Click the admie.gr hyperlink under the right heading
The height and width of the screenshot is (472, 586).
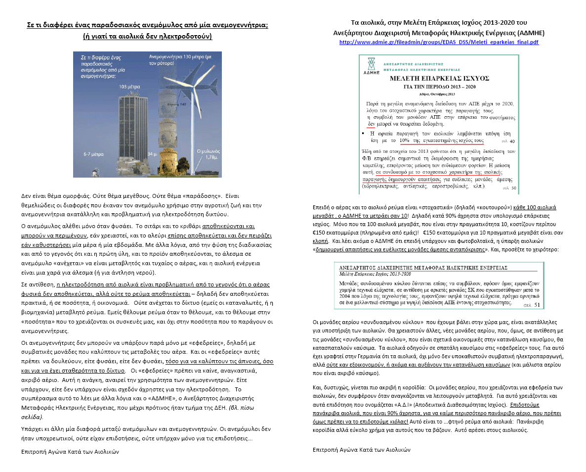pos(439,42)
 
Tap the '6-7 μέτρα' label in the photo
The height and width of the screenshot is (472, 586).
pos(93,154)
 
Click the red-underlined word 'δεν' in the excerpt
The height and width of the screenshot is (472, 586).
pos(372,124)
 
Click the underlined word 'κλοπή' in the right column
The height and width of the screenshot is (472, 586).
pos(321,241)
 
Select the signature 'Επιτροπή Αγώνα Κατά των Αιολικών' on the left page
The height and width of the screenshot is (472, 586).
pos(71,451)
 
